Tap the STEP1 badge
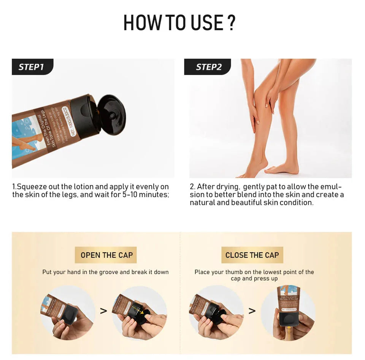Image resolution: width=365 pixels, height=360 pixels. (32, 67)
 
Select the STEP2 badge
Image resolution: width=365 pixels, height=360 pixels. (208, 67)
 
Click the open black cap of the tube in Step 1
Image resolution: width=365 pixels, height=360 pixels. (110, 115)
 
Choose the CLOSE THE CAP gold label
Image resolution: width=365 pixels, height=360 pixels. (252, 255)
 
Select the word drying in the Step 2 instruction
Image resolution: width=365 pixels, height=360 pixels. (228, 187)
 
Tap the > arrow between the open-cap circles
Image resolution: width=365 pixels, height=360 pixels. (103, 311)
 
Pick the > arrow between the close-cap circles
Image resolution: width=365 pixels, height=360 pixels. (252, 311)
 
